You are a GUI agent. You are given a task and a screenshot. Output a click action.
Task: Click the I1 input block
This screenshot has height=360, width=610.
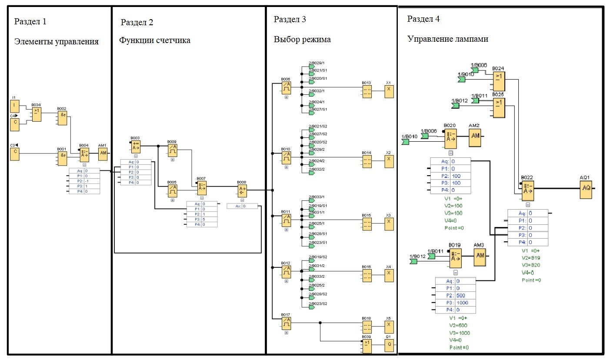(x=15, y=106)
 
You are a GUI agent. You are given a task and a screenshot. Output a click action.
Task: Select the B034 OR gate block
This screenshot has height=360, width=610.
(x=37, y=114)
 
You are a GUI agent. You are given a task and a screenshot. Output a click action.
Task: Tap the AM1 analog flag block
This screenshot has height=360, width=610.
(x=103, y=153)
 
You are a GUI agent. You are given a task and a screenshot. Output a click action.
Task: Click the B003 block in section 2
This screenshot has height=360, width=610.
(x=135, y=147)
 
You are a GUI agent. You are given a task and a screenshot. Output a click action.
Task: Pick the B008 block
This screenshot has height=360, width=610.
(x=242, y=190)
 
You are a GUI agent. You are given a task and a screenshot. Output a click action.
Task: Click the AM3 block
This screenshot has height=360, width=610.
(x=480, y=255)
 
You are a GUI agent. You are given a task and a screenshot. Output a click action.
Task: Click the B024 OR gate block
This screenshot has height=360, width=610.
(x=498, y=81)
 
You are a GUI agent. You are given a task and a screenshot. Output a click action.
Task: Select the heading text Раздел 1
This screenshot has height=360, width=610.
(x=30, y=21)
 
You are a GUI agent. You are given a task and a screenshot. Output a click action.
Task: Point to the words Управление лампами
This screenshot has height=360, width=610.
(x=448, y=39)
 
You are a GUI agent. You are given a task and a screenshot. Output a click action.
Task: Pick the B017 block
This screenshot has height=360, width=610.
(x=286, y=323)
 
